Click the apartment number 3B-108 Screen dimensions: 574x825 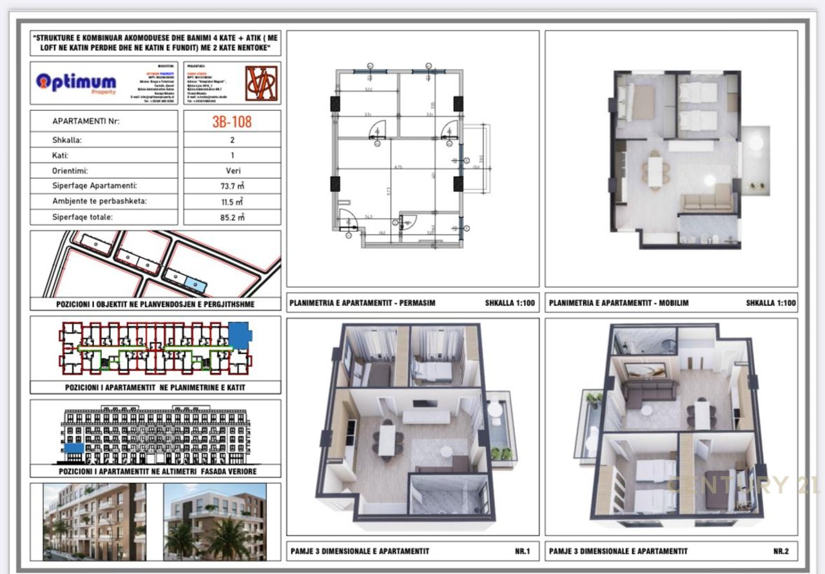[x=232, y=121]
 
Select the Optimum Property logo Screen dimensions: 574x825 [x=76, y=83]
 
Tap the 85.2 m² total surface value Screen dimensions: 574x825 [x=232, y=217]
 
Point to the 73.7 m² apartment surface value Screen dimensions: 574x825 [x=232, y=186]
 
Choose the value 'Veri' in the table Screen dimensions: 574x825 [x=232, y=171]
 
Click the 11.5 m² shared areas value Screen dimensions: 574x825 [x=232, y=202]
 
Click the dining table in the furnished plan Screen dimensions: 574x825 [x=655, y=171]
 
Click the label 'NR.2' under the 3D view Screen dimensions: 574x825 [x=781, y=551]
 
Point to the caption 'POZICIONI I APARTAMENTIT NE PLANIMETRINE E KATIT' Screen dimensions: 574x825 [x=155, y=387]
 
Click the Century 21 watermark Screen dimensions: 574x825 [x=741, y=484]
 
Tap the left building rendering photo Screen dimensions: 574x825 [x=94, y=521]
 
